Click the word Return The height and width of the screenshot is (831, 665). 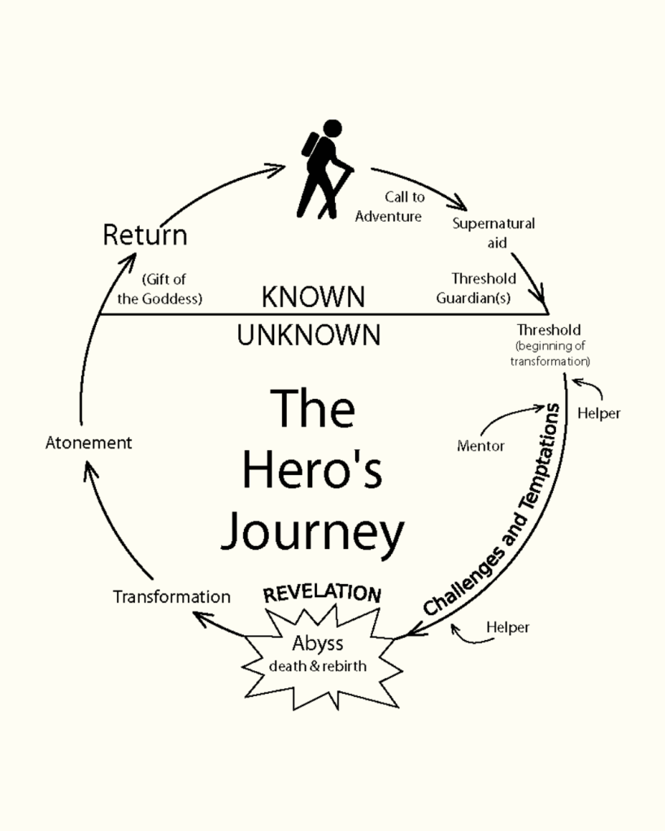pos(145,236)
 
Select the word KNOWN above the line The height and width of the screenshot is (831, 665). pos(313,297)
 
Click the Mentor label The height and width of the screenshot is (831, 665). pos(480,445)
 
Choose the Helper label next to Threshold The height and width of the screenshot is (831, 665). pos(598,413)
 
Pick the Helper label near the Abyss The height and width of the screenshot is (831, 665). pos(507,627)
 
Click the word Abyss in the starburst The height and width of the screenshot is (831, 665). pos(318,643)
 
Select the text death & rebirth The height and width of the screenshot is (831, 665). pos(318,667)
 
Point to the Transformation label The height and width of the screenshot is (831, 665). pos(172,597)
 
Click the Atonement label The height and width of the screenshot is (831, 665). pos(89,444)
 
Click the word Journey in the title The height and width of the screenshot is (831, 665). pos(313,532)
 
